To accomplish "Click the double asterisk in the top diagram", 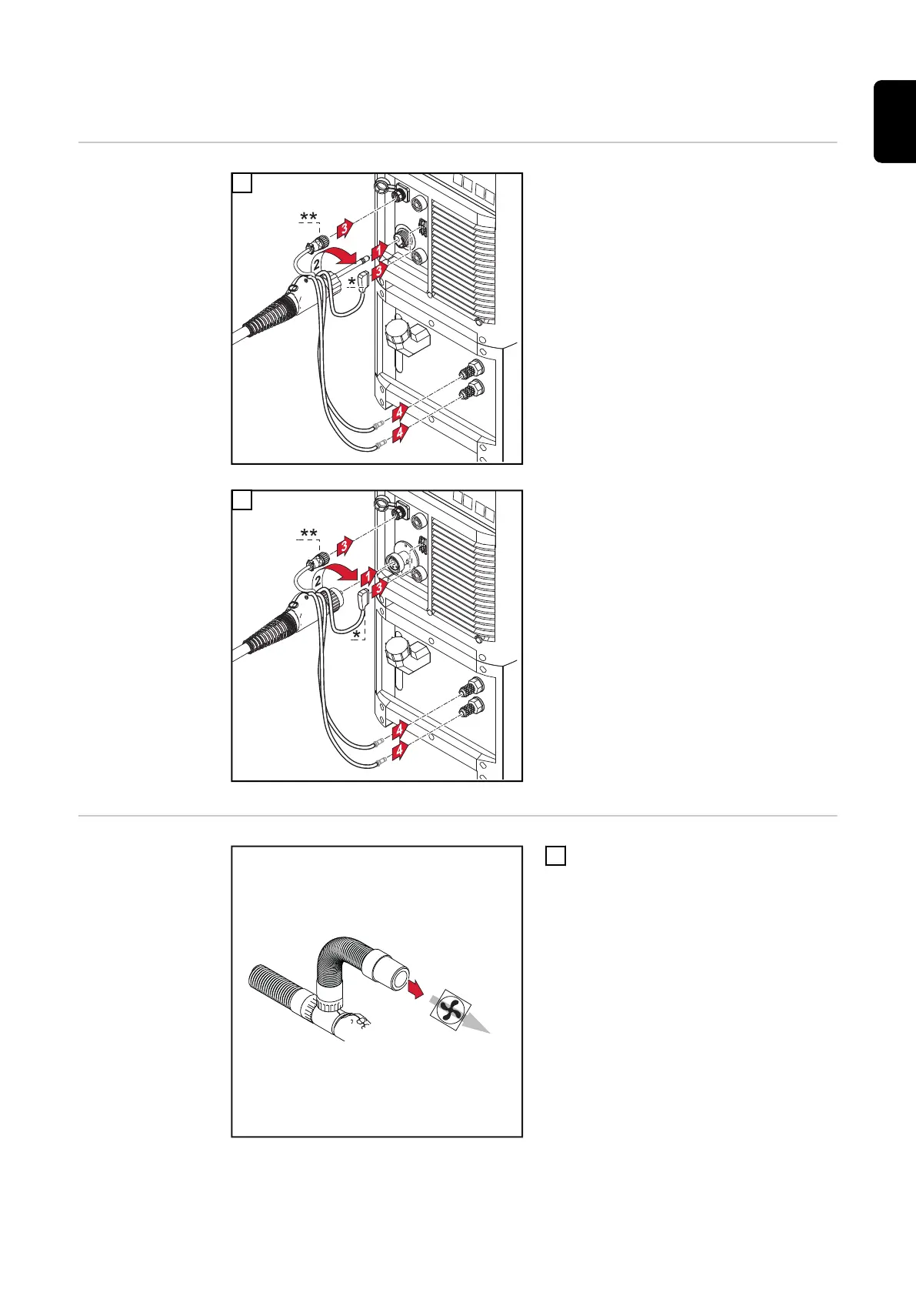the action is (308, 217).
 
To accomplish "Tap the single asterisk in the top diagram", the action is (351, 282).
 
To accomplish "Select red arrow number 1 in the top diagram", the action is (378, 251).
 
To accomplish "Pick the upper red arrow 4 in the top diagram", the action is (400, 413).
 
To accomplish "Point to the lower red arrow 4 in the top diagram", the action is (400, 433).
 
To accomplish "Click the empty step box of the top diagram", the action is (242, 183).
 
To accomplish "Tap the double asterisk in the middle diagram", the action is (308, 533).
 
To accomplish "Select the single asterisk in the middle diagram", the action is (356, 635).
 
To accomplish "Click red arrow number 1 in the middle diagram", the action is (368, 577).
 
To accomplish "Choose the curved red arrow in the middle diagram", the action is (340, 573).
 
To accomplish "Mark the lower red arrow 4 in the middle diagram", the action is (400, 751).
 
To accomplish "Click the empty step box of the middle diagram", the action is (242, 500).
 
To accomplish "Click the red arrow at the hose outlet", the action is (416, 989).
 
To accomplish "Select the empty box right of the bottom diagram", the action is (556, 856).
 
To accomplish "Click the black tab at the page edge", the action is (894, 122).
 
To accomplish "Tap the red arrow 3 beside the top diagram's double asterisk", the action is (345, 228).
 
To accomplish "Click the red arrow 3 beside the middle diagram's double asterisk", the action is (345, 545).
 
